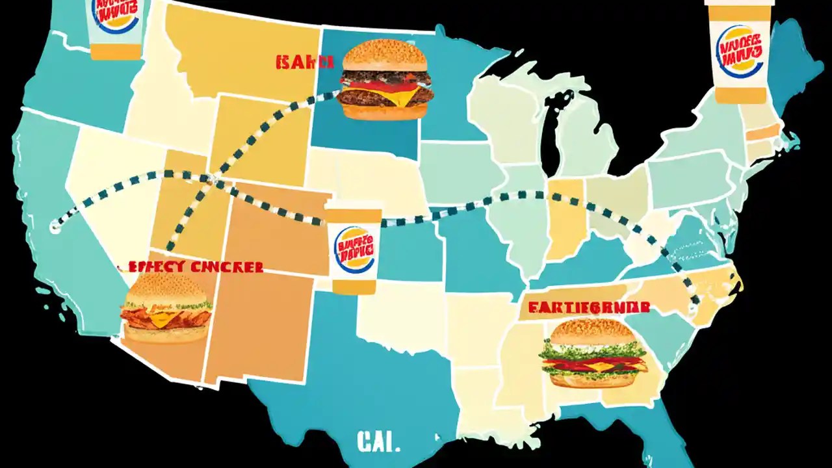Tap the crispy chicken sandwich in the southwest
click(166, 309)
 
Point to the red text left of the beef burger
click(304, 62)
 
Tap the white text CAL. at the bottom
click(378, 443)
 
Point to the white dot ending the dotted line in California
click(55, 227)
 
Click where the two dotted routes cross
click(209, 178)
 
